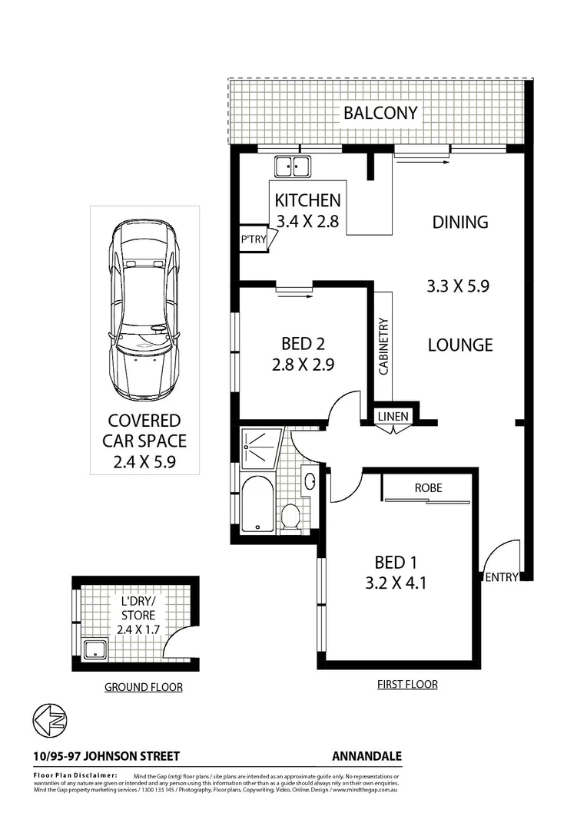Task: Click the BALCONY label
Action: point(380,114)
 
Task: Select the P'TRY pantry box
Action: point(252,239)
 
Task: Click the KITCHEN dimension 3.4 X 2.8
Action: point(307,223)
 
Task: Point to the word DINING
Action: point(459,222)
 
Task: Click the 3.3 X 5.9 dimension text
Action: point(458,286)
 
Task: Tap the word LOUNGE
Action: point(459,345)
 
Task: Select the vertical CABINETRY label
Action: point(383,346)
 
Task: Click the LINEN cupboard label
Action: point(394,417)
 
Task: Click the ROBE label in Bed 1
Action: point(428,487)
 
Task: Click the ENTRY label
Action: point(501,578)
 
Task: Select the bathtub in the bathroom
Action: point(257,504)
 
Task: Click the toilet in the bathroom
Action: point(290,516)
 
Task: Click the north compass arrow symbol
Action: point(49,721)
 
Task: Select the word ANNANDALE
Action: point(367,756)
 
